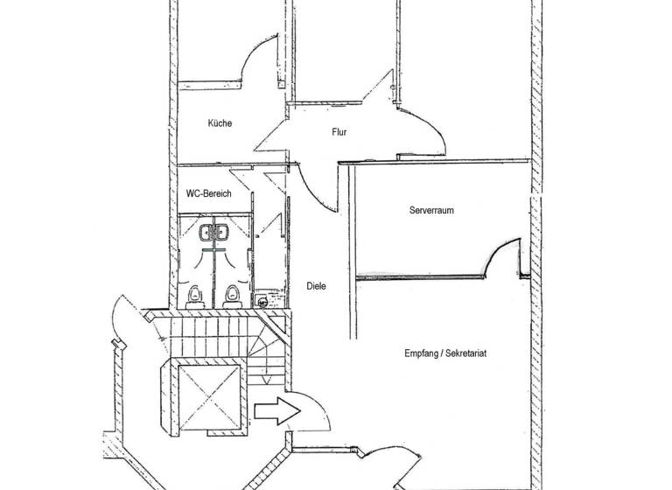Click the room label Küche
(x=220, y=123)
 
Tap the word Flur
(x=340, y=133)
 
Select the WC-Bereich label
(x=209, y=193)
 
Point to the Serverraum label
(x=431, y=211)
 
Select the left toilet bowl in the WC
(x=194, y=295)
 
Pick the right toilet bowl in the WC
(x=231, y=295)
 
